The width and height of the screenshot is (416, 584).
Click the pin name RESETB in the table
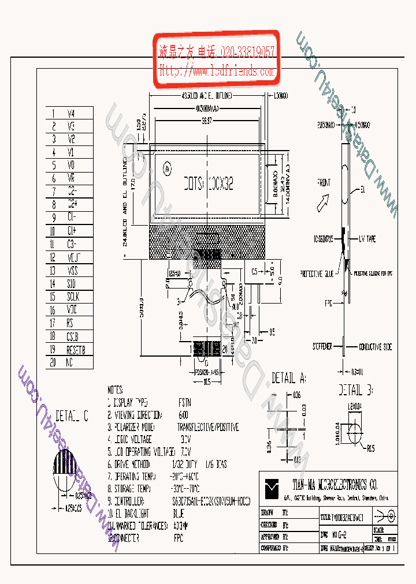click(76, 350)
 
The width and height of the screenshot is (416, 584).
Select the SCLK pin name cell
click(73, 297)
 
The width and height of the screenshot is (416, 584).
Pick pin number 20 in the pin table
click(53, 363)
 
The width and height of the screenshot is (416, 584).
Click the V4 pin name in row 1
click(71, 113)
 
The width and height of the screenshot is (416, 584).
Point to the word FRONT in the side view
click(324, 184)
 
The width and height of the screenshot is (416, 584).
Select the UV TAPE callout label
click(367, 239)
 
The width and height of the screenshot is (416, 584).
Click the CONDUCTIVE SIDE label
click(375, 347)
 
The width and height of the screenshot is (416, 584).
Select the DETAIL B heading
click(356, 388)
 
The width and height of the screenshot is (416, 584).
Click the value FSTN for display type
click(185, 402)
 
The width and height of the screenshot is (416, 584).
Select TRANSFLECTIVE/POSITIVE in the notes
click(207, 427)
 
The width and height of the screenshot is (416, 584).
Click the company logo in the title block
click(272, 489)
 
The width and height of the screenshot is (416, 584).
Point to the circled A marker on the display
click(166, 170)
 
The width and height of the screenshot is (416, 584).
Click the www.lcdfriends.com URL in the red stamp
click(217, 72)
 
